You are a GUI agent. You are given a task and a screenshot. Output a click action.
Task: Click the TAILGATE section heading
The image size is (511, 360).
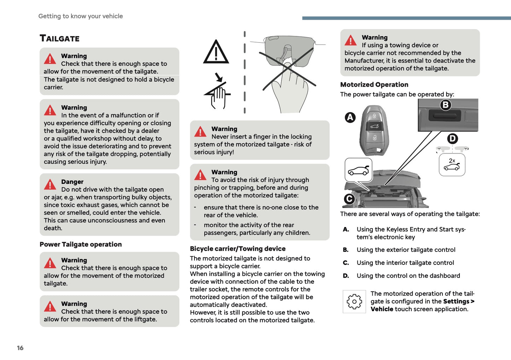click(x=59, y=38)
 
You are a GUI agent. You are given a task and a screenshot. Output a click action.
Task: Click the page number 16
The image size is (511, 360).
click(x=20, y=348)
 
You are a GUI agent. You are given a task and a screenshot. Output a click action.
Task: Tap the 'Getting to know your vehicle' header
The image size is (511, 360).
click(x=81, y=16)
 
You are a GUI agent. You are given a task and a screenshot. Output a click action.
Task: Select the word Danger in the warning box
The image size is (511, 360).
click(x=72, y=182)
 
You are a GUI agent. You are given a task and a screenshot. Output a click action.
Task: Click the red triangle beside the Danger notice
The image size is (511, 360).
click(x=50, y=185)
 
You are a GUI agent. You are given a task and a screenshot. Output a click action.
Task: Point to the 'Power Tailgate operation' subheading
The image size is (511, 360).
click(x=81, y=244)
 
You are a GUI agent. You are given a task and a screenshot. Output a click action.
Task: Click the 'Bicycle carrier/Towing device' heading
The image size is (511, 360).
click(x=238, y=249)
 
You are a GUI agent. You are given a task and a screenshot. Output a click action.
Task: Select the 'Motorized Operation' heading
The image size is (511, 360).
click(x=374, y=85)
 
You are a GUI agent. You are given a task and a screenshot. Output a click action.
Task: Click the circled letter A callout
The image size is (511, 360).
click(x=350, y=117)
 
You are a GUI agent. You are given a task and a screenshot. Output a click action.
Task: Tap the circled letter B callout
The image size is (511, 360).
click(x=446, y=105)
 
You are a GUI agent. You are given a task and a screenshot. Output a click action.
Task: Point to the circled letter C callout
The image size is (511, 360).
click(x=349, y=199)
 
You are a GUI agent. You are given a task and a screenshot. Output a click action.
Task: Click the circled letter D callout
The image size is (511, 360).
click(x=453, y=139)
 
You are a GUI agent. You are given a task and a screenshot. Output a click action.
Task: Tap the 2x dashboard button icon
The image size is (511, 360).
click(x=452, y=165)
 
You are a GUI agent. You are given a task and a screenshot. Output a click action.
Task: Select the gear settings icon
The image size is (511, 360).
click(x=354, y=302)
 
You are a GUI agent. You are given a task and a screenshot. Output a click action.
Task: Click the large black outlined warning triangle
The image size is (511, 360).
click(x=216, y=52)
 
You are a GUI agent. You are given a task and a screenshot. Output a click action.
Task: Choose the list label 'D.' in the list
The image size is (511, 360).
click(x=346, y=276)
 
